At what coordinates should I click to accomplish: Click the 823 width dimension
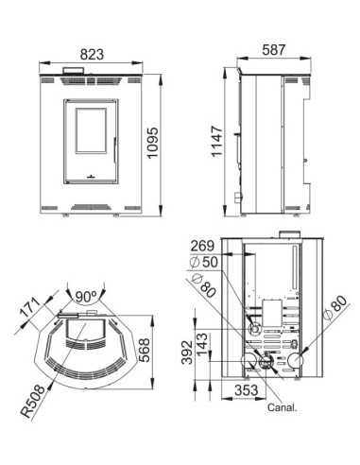click(x=92, y=54)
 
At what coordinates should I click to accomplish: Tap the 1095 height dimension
click(x=153, y=143)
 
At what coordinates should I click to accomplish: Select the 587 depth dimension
click(x=274, y=50)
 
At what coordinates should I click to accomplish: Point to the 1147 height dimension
click(x=217, y=141)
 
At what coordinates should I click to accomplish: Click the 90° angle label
click(x=86, y=297)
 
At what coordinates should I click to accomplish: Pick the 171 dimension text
click(x=30, y=307)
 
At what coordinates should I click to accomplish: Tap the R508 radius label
click(x=33, y=401)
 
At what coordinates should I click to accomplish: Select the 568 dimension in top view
click(x=144, y=350)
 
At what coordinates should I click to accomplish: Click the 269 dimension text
click(x=202, y=246)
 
